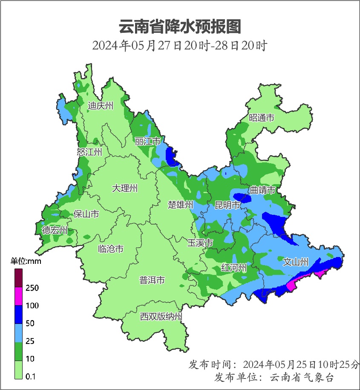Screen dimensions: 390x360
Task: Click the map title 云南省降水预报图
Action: click(180, 27)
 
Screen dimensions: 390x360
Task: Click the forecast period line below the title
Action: click(180, 45)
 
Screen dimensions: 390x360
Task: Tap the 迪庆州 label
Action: click(101, 106)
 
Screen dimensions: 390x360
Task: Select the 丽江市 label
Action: click(147, 141)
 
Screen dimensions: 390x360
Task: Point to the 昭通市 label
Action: click(262, 118)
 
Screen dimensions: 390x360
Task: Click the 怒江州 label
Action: click(89, 152)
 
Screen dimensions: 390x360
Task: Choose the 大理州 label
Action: click(125, 188)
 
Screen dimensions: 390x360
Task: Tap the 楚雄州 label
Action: click(181, 205)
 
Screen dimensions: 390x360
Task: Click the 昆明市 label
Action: click(228, 205)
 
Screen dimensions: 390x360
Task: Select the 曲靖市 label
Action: click(262, 190)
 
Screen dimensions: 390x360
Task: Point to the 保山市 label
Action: click(86, 214)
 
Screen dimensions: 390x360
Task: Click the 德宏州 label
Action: click(55, 230)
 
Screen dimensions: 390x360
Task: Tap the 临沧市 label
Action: click(111, 248)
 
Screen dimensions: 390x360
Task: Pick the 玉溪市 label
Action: click(200, 243)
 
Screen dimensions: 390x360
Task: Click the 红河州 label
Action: click(234, 268)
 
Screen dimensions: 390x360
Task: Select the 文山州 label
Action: click(296, 262)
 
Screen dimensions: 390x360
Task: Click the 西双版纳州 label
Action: click(161, 317)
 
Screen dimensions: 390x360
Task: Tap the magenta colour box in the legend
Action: click(18, 296)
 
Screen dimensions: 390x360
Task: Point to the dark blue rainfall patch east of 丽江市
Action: click(172, 157)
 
